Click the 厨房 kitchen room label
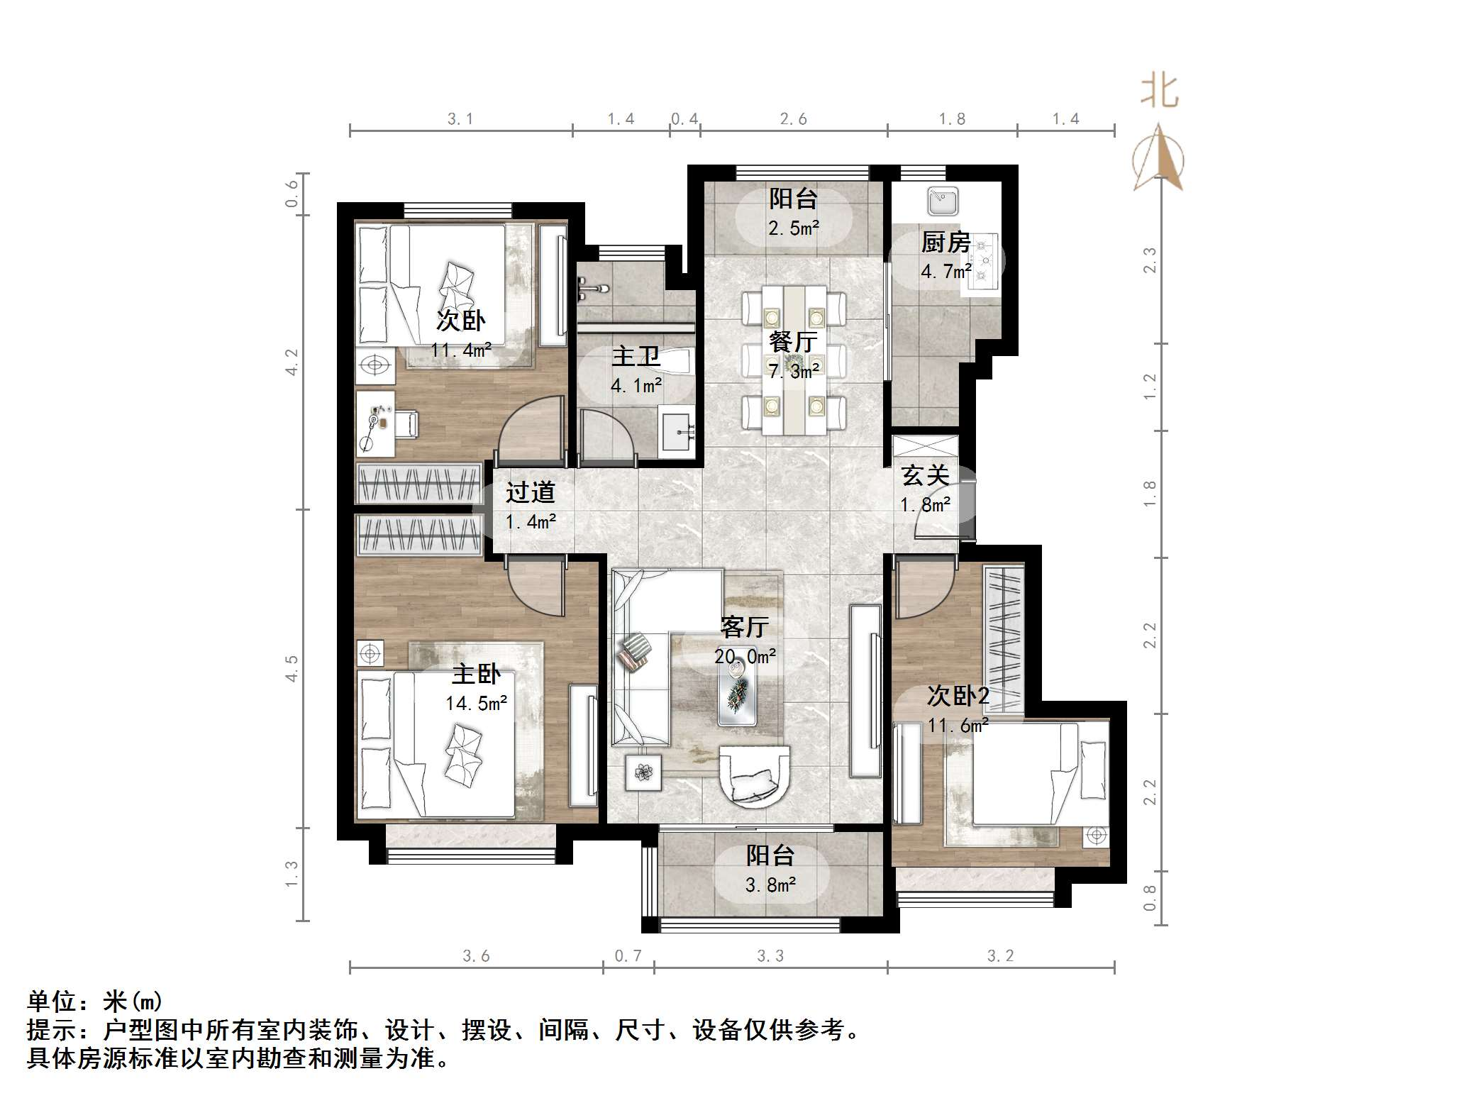(945, 243)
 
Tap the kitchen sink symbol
(943, 201)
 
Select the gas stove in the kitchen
(984, 262)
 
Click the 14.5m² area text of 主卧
(476, 703)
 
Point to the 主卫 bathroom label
(636, 355)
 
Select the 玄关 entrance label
(925, 475)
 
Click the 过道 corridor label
(530, 492)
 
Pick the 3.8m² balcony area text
(770, 884)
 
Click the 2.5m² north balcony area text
(793, 228)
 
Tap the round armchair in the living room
(755, 776)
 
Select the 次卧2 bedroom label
(958, 696)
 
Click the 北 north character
(1160, 92)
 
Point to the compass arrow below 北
(1158, 160)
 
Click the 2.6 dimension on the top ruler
(793, 119)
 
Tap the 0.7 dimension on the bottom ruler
(628, 956)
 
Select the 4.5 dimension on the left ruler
(292, 668)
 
